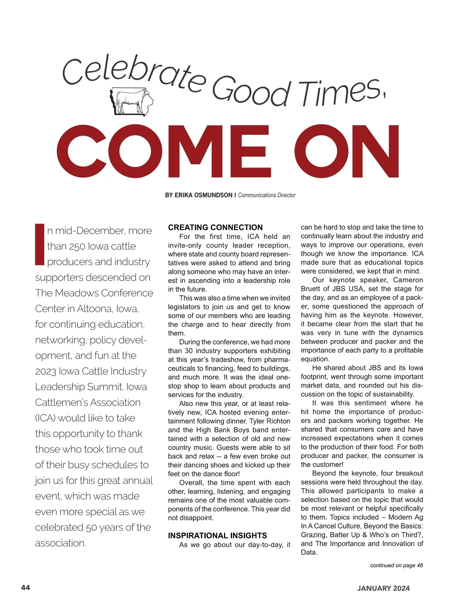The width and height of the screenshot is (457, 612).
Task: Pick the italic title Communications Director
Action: click(x=267, y=195)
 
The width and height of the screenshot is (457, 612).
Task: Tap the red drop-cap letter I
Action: click(x=40, y=244)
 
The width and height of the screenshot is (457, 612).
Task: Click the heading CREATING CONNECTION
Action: click(x=215, y=227)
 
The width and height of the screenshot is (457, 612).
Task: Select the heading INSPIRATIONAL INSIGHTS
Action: click(x=217, y=535)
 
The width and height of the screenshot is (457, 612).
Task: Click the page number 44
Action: click(x=26, y=588)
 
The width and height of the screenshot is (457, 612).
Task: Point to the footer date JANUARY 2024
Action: click(x=383, y=588)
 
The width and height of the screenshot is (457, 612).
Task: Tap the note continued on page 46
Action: click(x=396, y=566)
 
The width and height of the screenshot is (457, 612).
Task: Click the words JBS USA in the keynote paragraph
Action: click(x=347, y=288)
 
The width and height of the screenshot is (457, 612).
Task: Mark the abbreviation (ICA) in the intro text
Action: click(x=46, y=418)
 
